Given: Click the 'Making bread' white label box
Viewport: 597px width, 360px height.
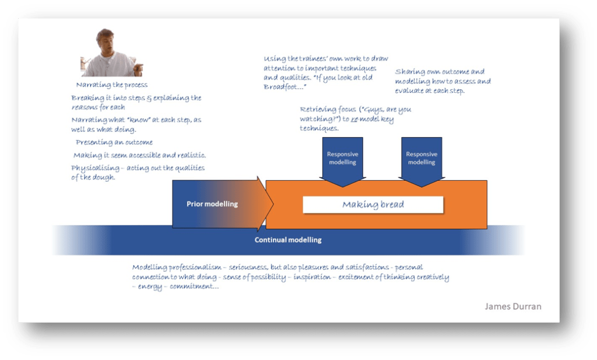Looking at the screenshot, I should coord(373,205).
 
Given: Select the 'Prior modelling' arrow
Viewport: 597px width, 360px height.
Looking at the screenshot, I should coord(212,204).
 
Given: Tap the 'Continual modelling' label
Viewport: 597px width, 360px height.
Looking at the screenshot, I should coord(288,240).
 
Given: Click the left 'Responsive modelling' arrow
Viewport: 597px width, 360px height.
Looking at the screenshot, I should coord(342,158).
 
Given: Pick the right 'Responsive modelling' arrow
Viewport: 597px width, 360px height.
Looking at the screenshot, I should coord(421,158).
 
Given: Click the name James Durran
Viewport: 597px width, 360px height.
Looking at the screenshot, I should coord(512,306).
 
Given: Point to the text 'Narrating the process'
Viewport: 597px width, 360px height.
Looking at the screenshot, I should coord(111,85).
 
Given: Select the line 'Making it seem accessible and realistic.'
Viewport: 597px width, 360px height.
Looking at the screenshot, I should coord(140,155).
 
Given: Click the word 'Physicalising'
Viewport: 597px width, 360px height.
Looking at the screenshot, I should coord(95,168).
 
